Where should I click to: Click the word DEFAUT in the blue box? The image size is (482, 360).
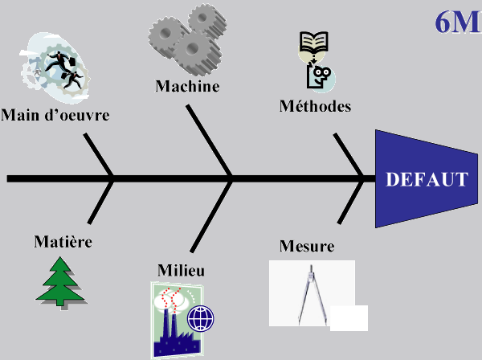(x=426, y=178)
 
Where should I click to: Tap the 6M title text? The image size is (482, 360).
(x=457, y=22)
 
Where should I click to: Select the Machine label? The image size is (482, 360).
(x=187, y=86)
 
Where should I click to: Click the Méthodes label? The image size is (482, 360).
(x=316, y=105)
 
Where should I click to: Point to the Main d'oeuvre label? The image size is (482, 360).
(x=55, y=115)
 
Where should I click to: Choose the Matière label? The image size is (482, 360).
(x=63, y=240)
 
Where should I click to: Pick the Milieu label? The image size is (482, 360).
(x=181, y=270)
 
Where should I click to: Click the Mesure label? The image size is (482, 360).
(x=307, y=245)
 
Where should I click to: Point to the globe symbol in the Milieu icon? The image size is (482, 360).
(x=201, y=320)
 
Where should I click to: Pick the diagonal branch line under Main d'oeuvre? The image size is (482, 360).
(x=99, y=154)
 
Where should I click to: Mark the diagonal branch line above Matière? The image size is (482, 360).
(x=101, y=201)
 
